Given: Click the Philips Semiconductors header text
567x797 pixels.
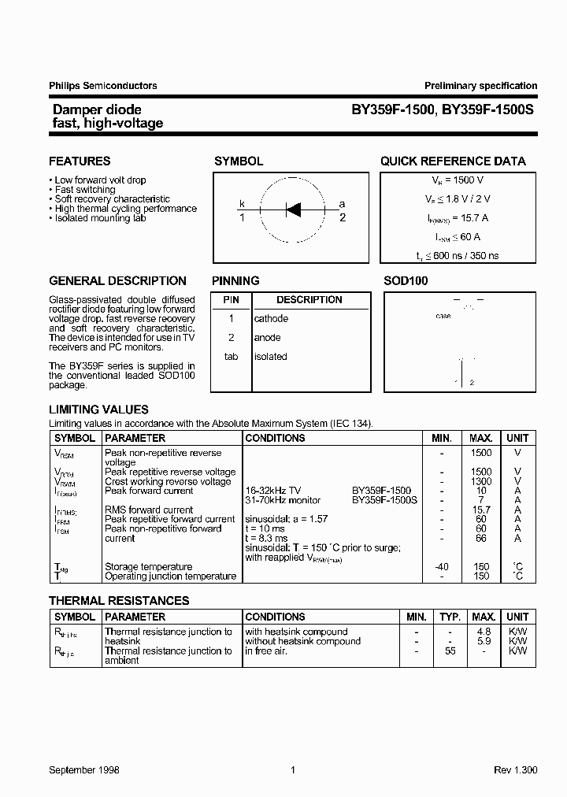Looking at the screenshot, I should coord(103,86).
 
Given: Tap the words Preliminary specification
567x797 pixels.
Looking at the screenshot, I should coord(480,86).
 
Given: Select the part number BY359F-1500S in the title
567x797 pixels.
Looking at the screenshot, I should coord(487,110).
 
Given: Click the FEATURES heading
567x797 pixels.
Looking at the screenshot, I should coord(80,161).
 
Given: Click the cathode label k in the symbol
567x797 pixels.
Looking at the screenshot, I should coord(243,204).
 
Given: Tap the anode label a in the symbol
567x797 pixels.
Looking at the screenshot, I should coord(342,204).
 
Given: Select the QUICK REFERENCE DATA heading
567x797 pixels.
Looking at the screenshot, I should coord(453,161).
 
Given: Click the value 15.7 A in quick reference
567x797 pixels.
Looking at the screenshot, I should coord(472,218).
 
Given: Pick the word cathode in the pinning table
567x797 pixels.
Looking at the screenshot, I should coord(271,319).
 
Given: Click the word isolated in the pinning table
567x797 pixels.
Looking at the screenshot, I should coord(270,357).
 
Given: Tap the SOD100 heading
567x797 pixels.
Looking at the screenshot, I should coord(406,280).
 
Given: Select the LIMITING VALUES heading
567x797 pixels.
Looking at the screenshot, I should coord(98,410).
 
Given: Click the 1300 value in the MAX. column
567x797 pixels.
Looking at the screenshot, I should coord(480,481).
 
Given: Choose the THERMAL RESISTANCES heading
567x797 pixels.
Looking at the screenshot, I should coord(119,600).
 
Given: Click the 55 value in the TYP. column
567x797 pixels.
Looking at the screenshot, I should coord(450,651).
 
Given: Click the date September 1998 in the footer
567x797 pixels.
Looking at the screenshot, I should coord(84,770).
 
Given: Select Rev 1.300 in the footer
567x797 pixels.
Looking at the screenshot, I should coord(516,770).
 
